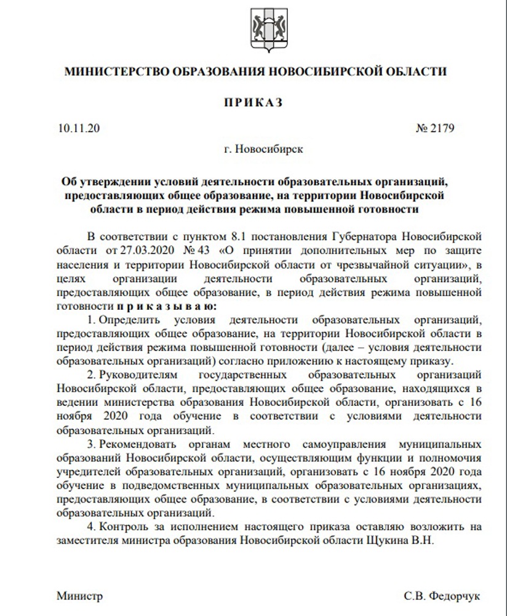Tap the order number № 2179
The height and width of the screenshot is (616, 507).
[x=434, y=129]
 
